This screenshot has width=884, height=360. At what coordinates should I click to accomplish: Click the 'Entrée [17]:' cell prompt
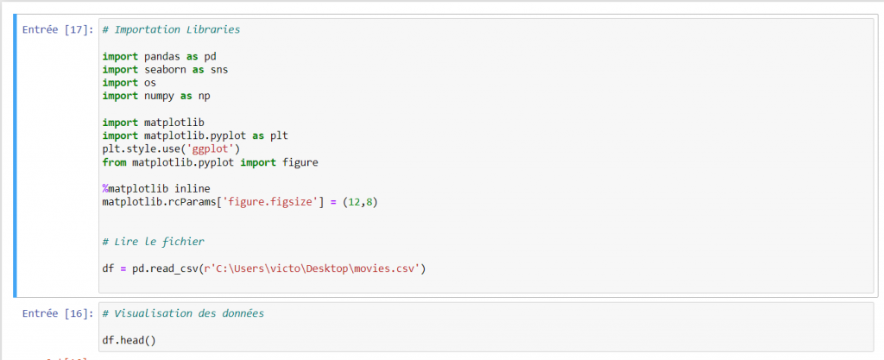(x=58, y=30)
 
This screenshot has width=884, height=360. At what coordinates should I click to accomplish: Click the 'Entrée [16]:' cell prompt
(x=58, y=313)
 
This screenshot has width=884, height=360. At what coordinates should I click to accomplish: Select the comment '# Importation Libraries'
(x=172, y=30)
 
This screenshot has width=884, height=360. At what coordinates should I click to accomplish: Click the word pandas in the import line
(x=161, y=56)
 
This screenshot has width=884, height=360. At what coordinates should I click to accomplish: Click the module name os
(x=150, y=83)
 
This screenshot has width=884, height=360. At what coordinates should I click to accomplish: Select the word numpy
(x=159, y=97)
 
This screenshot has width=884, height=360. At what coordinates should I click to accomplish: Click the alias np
(x=204, y=97)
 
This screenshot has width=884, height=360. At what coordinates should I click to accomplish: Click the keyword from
(x=115, y=163)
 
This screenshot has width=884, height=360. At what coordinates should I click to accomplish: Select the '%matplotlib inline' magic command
(x=156, y=189)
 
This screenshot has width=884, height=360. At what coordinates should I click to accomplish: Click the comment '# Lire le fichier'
(x=154, y=243)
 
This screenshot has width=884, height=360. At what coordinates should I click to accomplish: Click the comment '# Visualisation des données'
(x=183, y=313)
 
